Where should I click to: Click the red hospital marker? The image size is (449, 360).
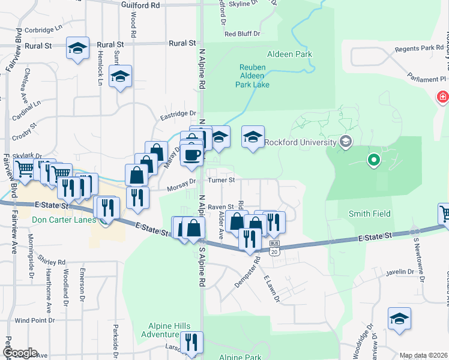[442, 96]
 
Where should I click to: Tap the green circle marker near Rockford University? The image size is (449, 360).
[374, 160]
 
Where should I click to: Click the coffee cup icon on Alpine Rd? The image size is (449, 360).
[192, 154]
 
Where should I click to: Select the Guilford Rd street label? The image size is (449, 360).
[140, 5]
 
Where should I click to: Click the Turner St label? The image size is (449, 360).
[221, 180]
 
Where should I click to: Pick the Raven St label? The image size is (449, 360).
[220, 206]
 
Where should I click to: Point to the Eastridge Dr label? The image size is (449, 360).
[178, 113]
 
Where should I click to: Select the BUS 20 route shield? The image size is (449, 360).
[274, 248]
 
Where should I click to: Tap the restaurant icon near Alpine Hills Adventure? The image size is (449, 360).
[191, 342]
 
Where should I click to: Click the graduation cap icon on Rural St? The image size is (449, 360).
[77, 48]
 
